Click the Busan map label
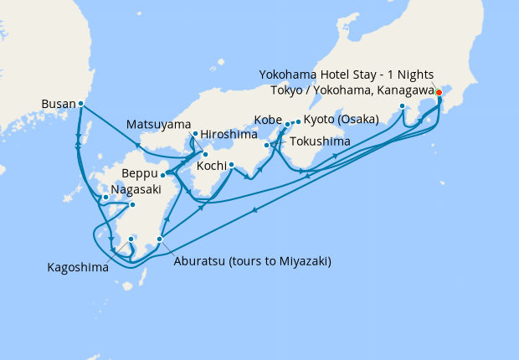(x=58, y=105)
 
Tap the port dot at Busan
(x=80, y=103)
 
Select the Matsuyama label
(x=158, y=125)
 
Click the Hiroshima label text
(x=228, y=134)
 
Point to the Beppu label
(x=140, y=175)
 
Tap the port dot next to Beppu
(x=162, y=175)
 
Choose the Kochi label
(x=211, y=165)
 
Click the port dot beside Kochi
(x=231, y=164)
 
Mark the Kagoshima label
(x=77, y=269)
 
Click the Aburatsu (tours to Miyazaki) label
(x=252, y=261)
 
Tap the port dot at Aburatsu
(x=159, y=239)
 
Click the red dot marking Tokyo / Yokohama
(x=439, y=92)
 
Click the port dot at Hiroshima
(x=205, y=154)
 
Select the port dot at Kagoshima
(x=131, y=239)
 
